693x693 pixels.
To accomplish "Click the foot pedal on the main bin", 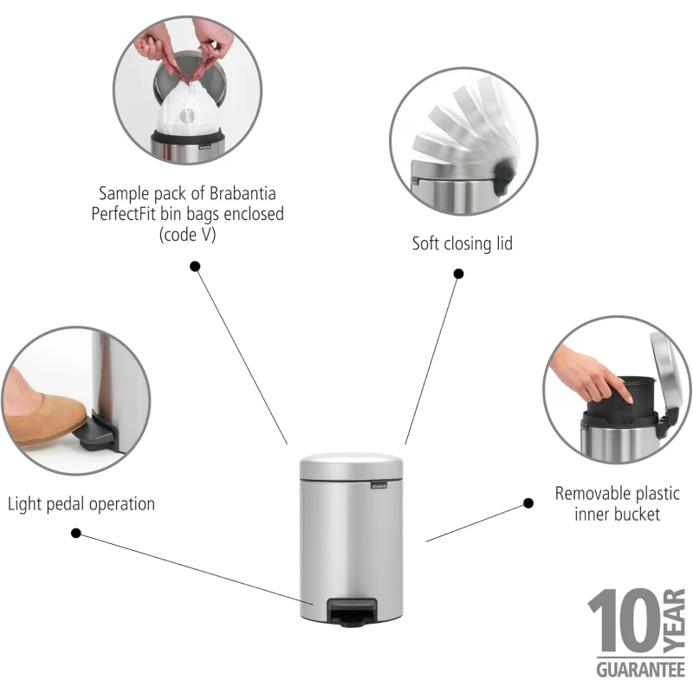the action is click(352, 612).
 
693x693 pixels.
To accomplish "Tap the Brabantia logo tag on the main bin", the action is click(379, 485).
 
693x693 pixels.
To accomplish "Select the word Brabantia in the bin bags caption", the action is click(243, 193).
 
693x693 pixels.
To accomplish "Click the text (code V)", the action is click(187, 234).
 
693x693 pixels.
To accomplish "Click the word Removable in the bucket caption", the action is click(590, 494).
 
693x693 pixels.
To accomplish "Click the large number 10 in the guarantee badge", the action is click(624, 620).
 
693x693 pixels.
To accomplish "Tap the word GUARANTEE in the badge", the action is click(640, 670).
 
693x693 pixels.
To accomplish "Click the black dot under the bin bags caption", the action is click(195, 267).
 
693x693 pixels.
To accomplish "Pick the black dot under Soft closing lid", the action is click(459, 274).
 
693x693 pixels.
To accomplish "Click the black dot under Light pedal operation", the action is click(76, 533).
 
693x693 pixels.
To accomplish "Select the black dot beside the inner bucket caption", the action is click(528, 503).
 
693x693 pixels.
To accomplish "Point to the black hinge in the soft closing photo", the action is click(504, 175).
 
